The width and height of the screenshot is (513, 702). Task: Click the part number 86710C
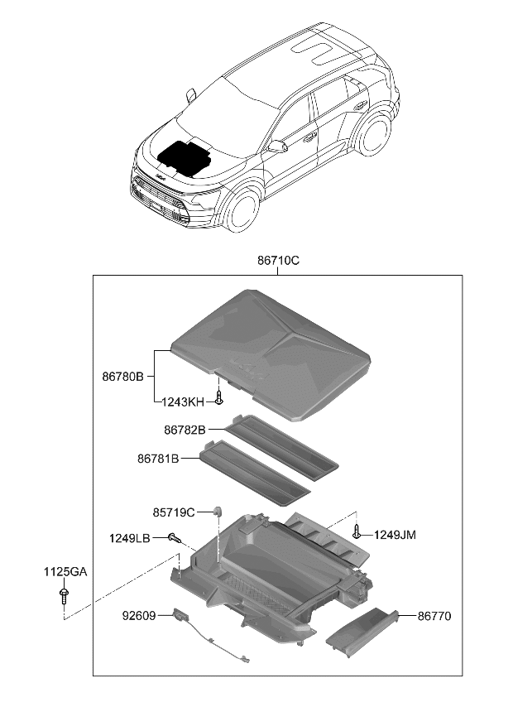(277, 260)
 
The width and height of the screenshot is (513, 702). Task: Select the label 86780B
(123, 376)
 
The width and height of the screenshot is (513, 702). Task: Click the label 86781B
(157, 458)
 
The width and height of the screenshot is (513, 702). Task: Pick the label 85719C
(174, 512)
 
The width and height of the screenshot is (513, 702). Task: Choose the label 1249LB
(129, 538)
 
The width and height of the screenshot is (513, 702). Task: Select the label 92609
(140, 616)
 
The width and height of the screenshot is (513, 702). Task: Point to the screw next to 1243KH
(218, 399)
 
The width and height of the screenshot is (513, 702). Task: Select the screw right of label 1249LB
(175, 537)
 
